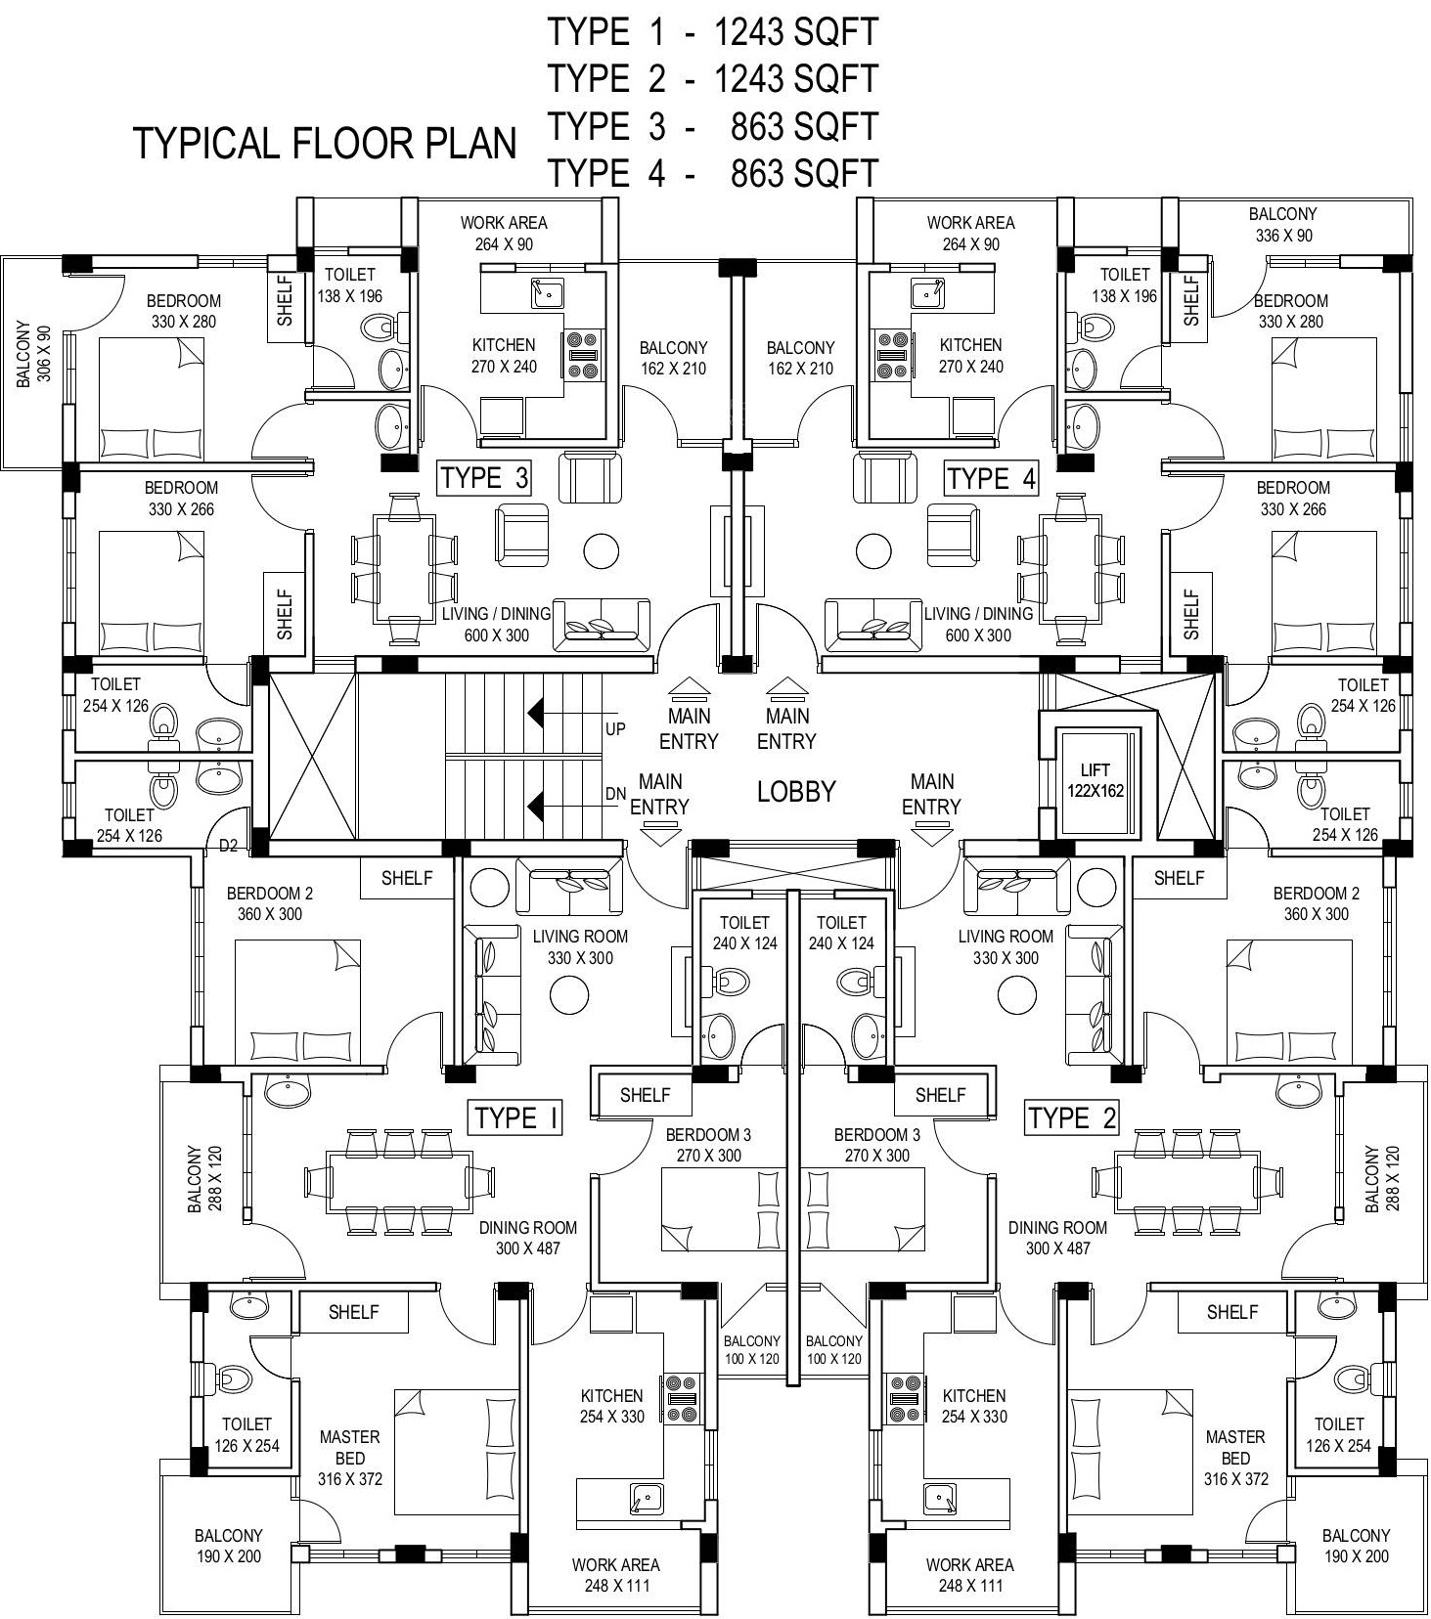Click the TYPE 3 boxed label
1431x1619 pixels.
(484, 478)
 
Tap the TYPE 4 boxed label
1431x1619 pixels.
(991, 478)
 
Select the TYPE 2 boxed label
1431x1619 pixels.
(1072, 1117)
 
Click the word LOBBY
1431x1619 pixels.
(796, 792)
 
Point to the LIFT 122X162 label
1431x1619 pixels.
(1096, 780)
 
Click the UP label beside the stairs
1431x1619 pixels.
(615, 729)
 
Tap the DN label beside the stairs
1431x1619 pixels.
(615, 795)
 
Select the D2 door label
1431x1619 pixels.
(228, 846)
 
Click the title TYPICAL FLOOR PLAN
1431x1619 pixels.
(325, 144)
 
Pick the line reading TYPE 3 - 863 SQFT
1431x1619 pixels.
(712, 126)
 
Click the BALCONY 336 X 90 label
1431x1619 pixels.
(1282, 224)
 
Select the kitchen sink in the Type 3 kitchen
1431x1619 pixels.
(548, 291)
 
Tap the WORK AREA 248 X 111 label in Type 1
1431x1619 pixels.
(616, 1575)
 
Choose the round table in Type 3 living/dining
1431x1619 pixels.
(602, 551)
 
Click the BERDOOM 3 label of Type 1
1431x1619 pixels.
(708, 1145)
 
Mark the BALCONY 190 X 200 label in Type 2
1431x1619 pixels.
(1356, 1546)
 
